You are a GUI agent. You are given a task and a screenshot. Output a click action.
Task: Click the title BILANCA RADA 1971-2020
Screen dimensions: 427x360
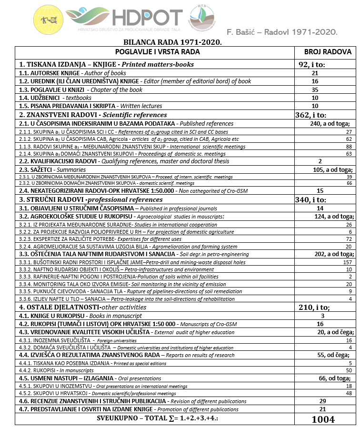tap(172, 42)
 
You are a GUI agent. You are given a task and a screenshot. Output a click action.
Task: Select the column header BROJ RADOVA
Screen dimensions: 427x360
tap(328, 52)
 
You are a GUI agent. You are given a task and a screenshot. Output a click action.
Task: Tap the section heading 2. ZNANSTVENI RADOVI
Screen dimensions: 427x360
tap(93, 115)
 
